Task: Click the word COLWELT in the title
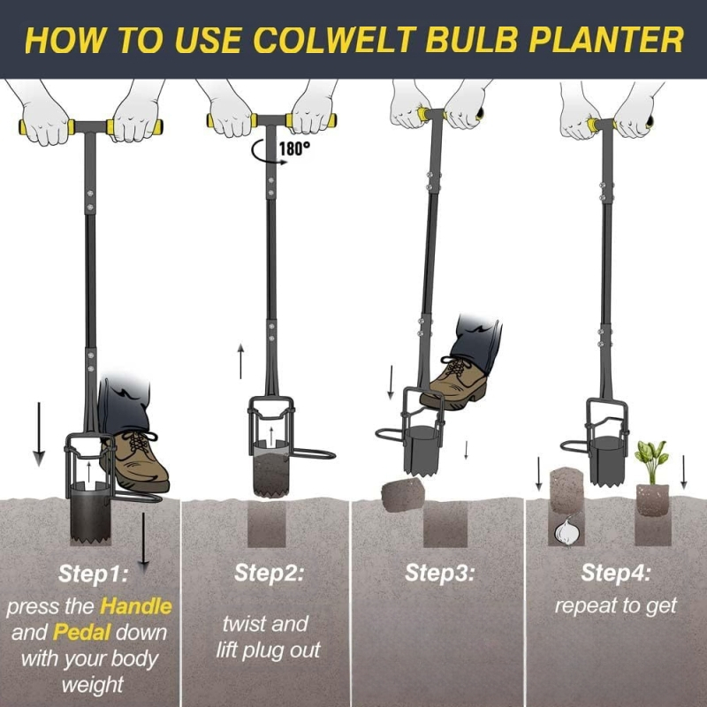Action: (x=335, y=40)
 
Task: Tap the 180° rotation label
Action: (x=295, y=148)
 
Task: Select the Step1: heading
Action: (x=94, y=574)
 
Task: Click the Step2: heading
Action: (x=270, y=573)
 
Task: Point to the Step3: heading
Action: (x=439, y=573)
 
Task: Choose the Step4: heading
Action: (x=615, y=573)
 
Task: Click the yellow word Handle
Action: (x=136, y=606)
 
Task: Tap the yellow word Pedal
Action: (x=81, y=633)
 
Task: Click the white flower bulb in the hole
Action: (x=566, y=531)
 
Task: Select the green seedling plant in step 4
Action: (x=650, y=461)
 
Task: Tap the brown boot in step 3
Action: (x=455, y=384)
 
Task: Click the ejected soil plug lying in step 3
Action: (x=403, y=495)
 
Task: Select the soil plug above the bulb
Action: (x=566, y=490)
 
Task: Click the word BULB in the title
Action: (x=471, y=40)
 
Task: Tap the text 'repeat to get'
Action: (x=615, y=606)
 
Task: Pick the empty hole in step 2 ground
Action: (x=267, y=523)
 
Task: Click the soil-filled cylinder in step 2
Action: (x=270, y=474)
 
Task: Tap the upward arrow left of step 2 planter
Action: (x=240, y=361)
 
